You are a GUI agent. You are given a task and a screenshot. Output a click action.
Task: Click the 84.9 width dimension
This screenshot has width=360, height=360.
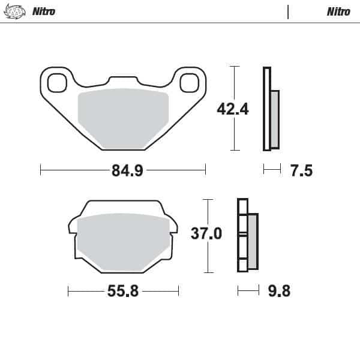[127, 170]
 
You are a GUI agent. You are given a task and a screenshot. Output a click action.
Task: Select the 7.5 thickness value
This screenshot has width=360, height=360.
[301, 171]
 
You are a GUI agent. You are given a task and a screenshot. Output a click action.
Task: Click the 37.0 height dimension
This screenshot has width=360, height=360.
[206, 233]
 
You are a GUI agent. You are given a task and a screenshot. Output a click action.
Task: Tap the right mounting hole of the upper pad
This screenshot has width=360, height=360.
[188, 82]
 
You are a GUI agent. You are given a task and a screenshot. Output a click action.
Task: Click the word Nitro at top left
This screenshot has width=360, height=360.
[43, 11]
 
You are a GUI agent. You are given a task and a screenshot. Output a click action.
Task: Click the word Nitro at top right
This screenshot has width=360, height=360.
[338, 11]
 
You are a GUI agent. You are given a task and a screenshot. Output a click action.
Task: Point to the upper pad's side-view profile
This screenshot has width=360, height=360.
[271, 109]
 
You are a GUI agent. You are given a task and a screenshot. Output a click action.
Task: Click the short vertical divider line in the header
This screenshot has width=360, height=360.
[288, 12]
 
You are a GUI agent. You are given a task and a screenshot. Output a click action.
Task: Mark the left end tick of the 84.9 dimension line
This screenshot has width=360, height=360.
[40, 170]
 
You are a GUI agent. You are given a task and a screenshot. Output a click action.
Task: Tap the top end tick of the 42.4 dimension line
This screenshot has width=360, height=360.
[234, 67]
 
